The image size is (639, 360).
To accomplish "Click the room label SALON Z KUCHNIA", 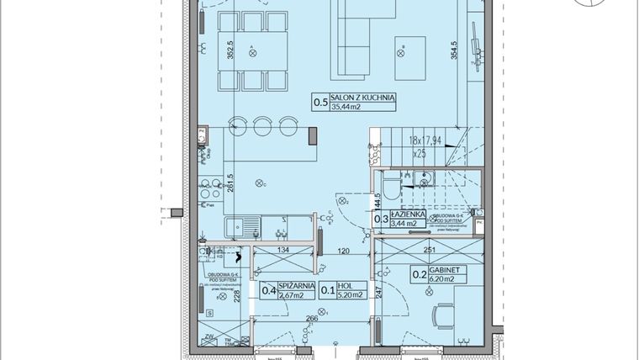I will pyautogui.click(x=364, y=98).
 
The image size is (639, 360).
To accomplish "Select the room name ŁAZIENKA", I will pyautogui.click(x=408, y=214).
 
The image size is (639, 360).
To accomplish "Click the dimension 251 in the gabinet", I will pyautogui.click(x=430, y=250).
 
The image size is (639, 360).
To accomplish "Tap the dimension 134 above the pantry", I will pyautogui.click(x=283, y=250).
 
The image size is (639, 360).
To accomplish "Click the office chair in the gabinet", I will pyautogui.click(x=442, y=318).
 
